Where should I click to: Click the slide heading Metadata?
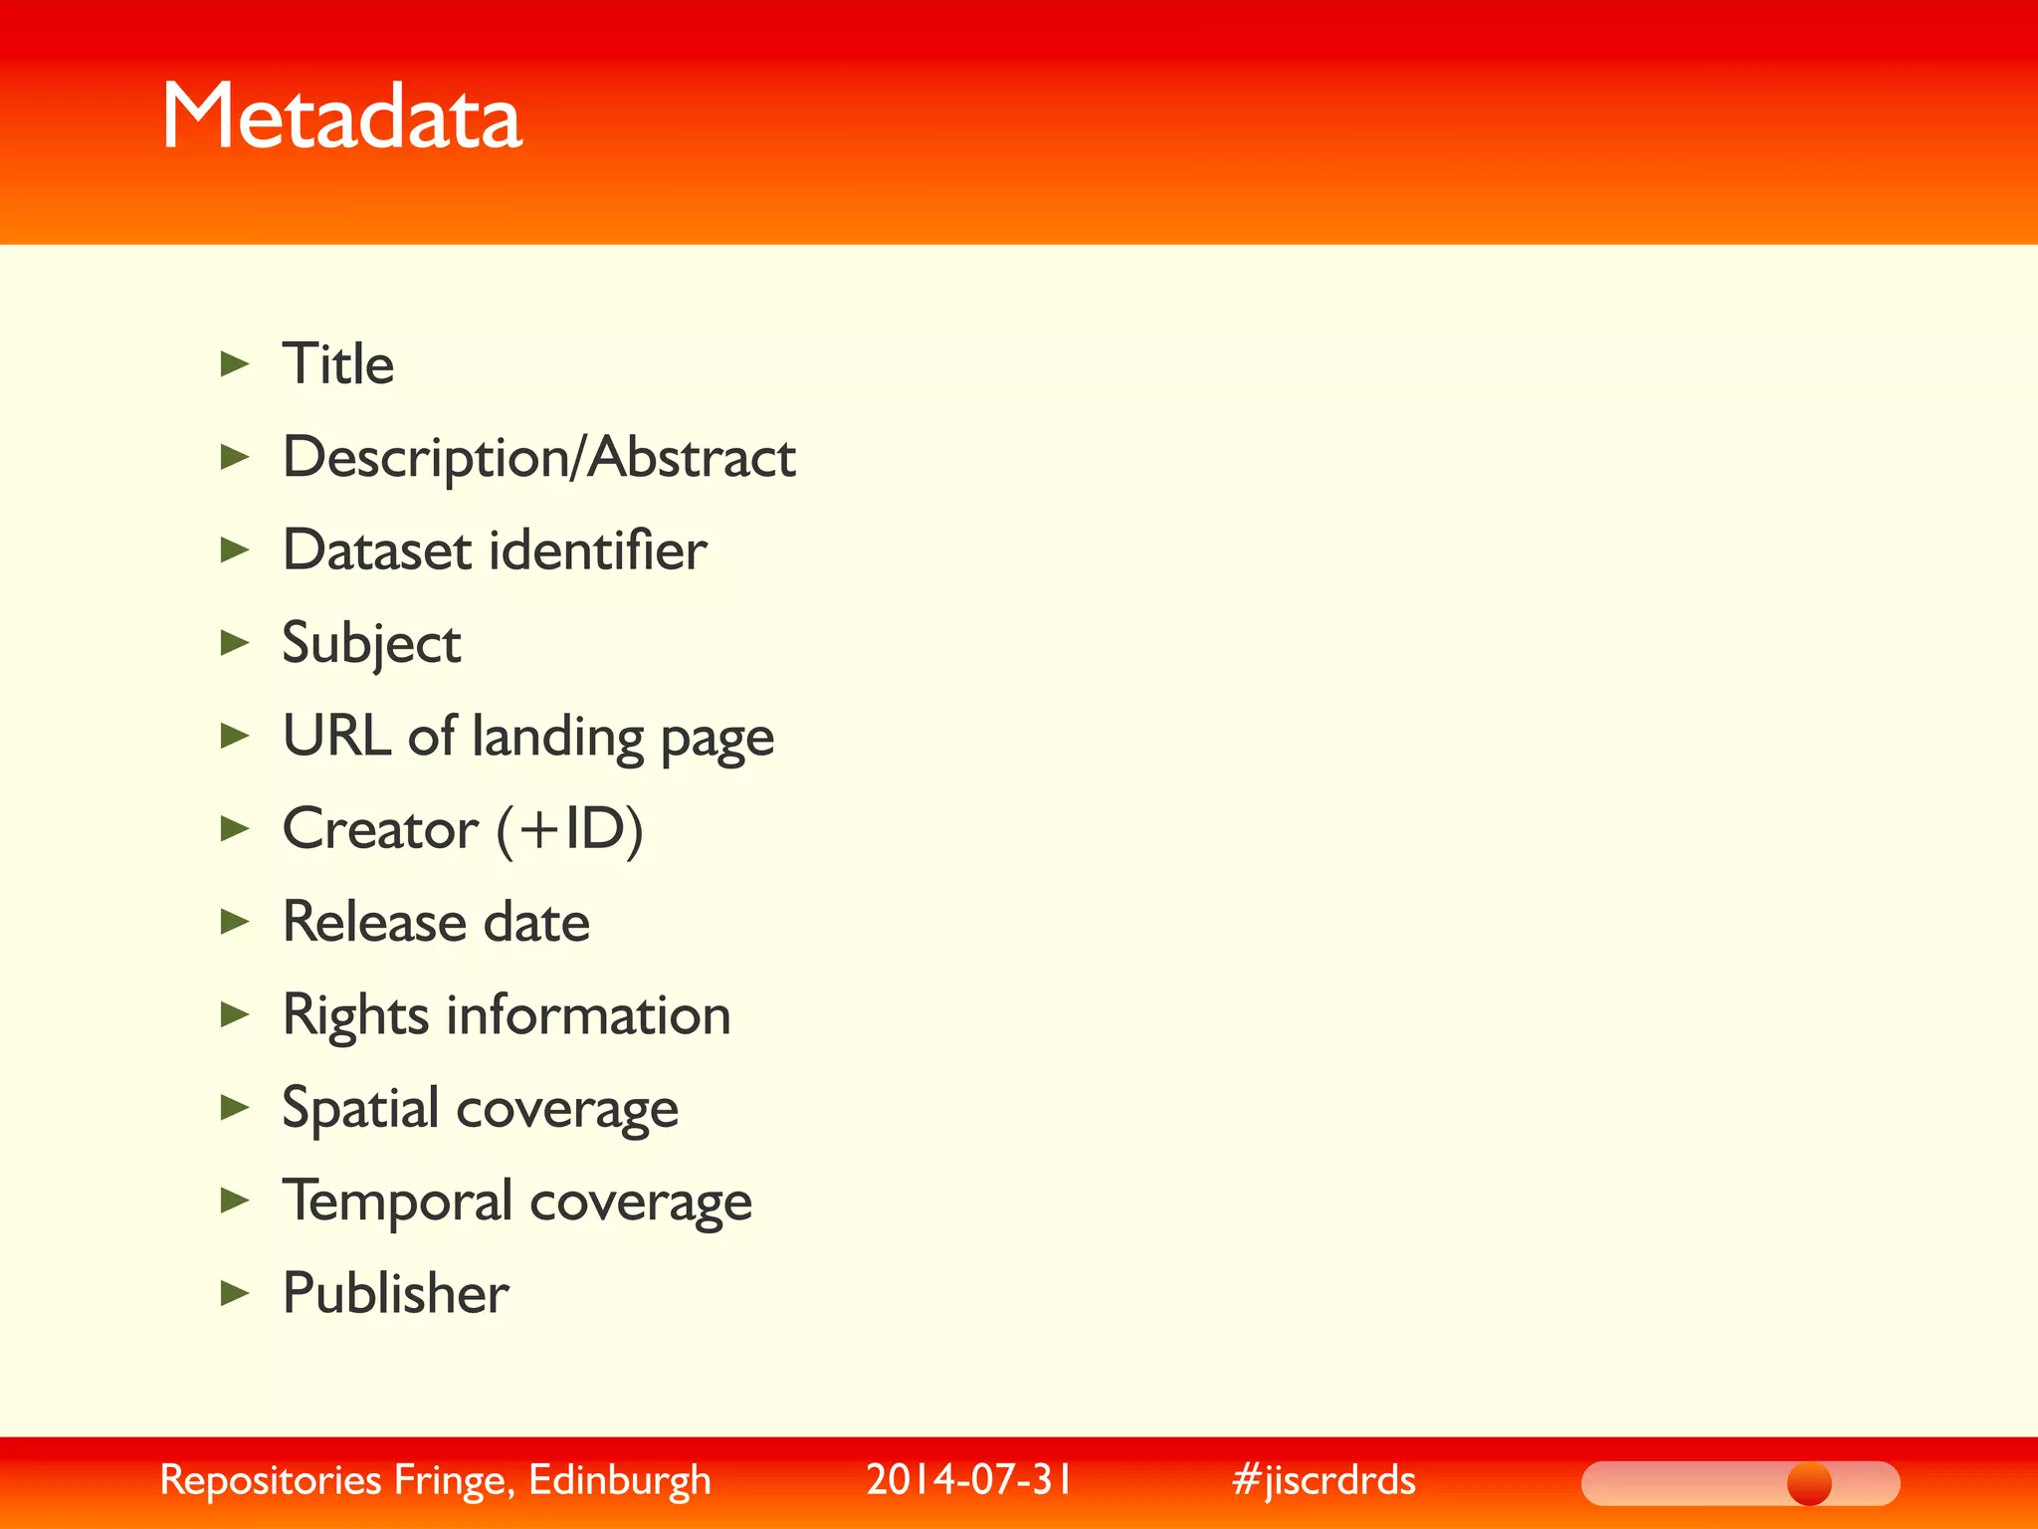pos(341,117)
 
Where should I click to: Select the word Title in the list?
pos(338,363)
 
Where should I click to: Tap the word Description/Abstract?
pos(539,458)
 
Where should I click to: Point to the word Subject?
pos(371,644)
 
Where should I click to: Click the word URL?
pos(336,736)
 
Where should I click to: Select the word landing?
pos(557,738)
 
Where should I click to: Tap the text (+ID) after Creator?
pos(570,829)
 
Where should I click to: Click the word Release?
pos(373,922)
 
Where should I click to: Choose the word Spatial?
pos(360,1108)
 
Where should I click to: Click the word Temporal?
pos(398,1201)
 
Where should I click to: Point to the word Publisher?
pos(395,1293)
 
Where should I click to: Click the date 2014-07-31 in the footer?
pos(969,1479)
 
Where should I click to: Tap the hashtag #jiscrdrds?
pos(1324,1480)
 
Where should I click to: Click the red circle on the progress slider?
pos(1809,1483)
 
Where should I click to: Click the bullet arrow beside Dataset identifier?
pos(235,549)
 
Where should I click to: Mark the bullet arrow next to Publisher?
pos(235,1293)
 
